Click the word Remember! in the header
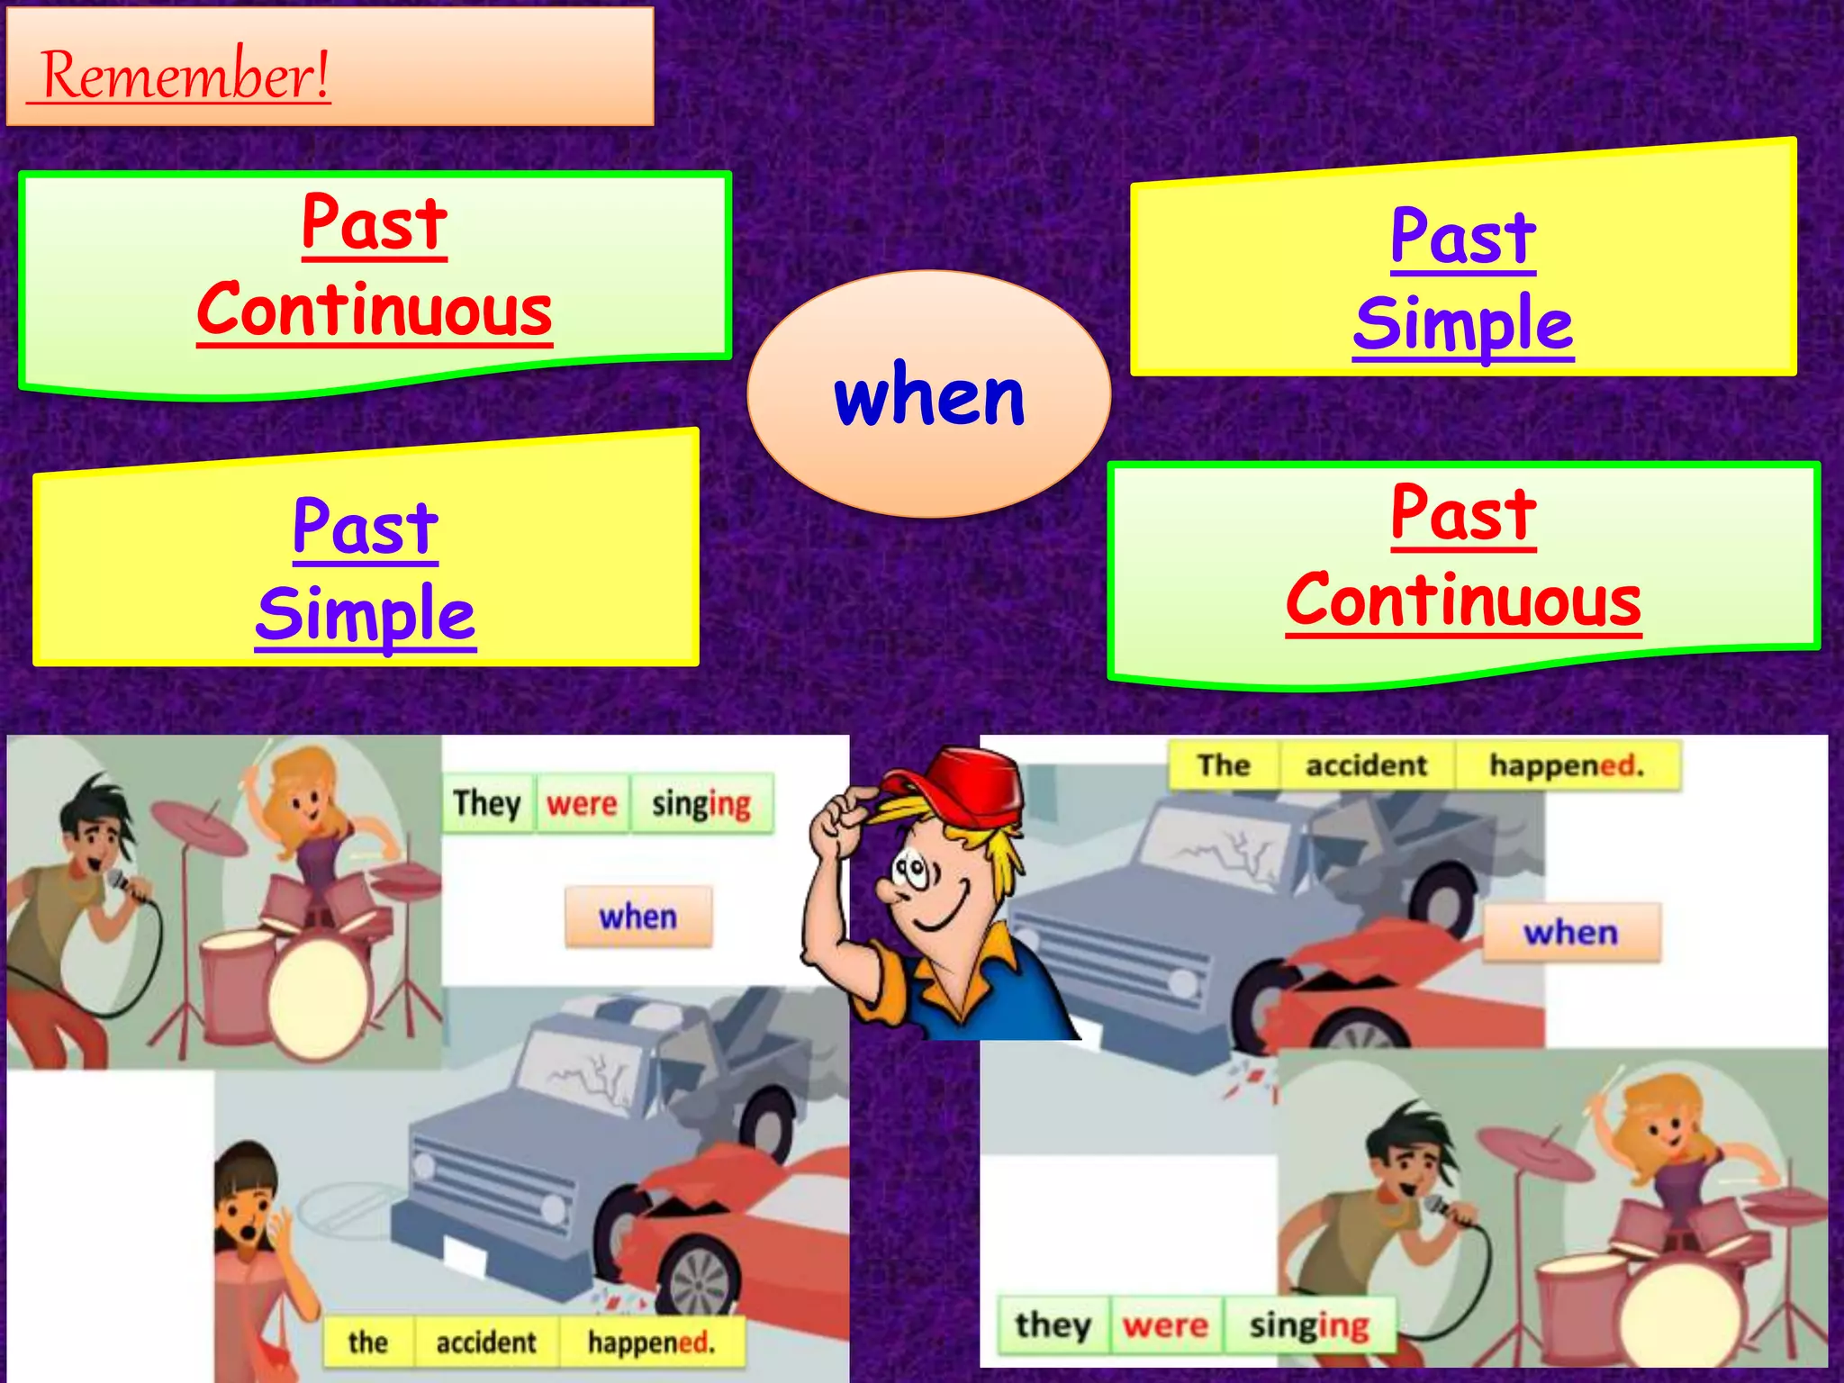click(x=185, y=75)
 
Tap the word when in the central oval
click(x=929, y=397)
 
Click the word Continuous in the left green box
click(x=375, y=310)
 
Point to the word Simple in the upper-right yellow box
click(x=1463, y=324)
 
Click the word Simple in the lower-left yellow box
click(x=366, y=615)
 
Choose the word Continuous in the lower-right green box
click(x=1463, y=601)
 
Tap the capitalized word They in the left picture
click(x=487, y=803)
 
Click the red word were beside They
click(x=582, y=803)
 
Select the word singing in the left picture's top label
click(x=701, y=803)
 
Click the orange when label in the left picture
click(x=638, y=917)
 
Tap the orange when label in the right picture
click(x=1570, y=933)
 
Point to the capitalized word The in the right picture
click(x=1224, y=765)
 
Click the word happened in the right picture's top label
click(x=1566, y=765)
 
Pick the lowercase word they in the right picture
click(x=1053, y=1324)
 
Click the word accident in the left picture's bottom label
click(x=486, y=1342)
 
